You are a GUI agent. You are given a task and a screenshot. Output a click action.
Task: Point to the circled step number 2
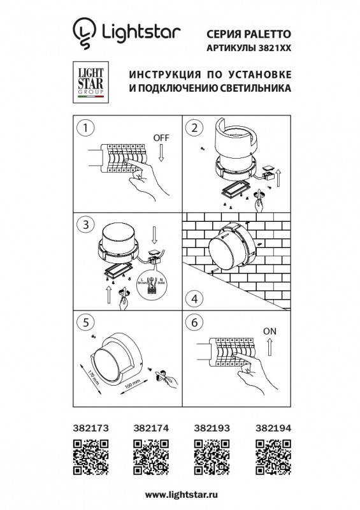192,127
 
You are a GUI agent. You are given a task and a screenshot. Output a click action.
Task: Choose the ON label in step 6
270,331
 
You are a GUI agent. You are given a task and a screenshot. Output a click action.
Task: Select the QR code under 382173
88,456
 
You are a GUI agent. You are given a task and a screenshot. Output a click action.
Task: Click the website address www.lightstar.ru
180,494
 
